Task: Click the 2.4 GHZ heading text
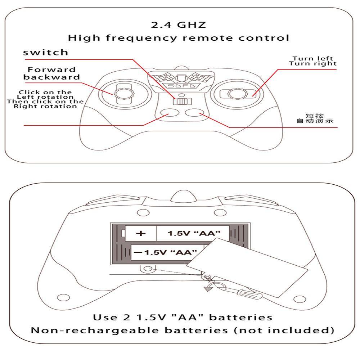179,25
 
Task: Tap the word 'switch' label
45,53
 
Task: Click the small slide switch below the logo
181,102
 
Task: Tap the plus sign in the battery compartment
141,233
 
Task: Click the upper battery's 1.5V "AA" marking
193,233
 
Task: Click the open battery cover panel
248,266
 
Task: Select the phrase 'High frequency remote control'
179,38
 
